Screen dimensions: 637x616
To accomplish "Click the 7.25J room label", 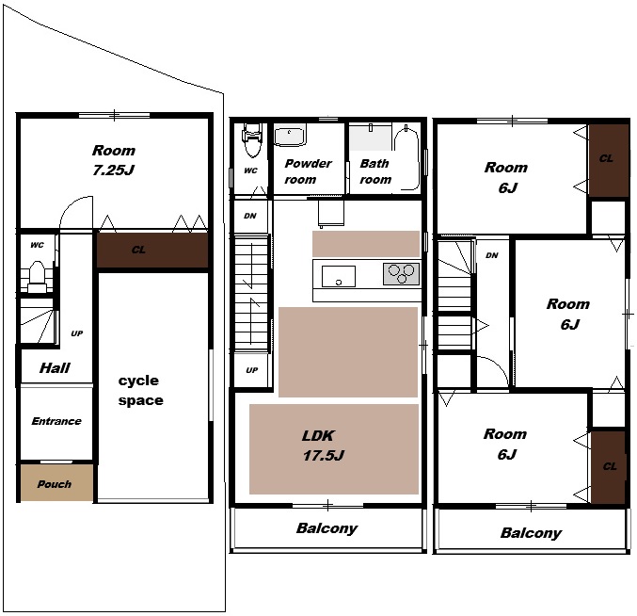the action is click(113, 160).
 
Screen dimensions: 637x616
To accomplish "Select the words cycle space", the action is click(140, 390).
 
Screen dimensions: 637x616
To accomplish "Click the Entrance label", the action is click(56, 421).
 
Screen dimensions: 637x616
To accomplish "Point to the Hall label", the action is click(55, 368).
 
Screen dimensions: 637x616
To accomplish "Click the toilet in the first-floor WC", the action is click(37, 277).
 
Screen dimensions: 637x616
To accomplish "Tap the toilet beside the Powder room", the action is click(252, 139).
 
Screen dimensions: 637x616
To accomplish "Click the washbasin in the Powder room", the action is click(289, 137).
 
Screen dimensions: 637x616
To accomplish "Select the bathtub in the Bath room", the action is click(406, 158).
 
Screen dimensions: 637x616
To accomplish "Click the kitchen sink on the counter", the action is click(339, 276).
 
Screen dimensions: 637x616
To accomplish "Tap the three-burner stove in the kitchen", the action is click(402, 273).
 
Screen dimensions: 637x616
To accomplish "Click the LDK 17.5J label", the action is click(323, 446).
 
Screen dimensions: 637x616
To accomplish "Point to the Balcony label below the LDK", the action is click(327, 528).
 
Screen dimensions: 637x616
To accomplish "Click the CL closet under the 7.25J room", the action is click(152, 250).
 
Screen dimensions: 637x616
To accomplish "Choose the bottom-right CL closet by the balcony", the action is click(609, 467).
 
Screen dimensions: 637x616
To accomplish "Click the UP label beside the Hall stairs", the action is click(77, 333).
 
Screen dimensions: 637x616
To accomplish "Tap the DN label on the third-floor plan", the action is click(492, 255).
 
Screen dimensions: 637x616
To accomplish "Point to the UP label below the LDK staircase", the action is click(252, 370).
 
